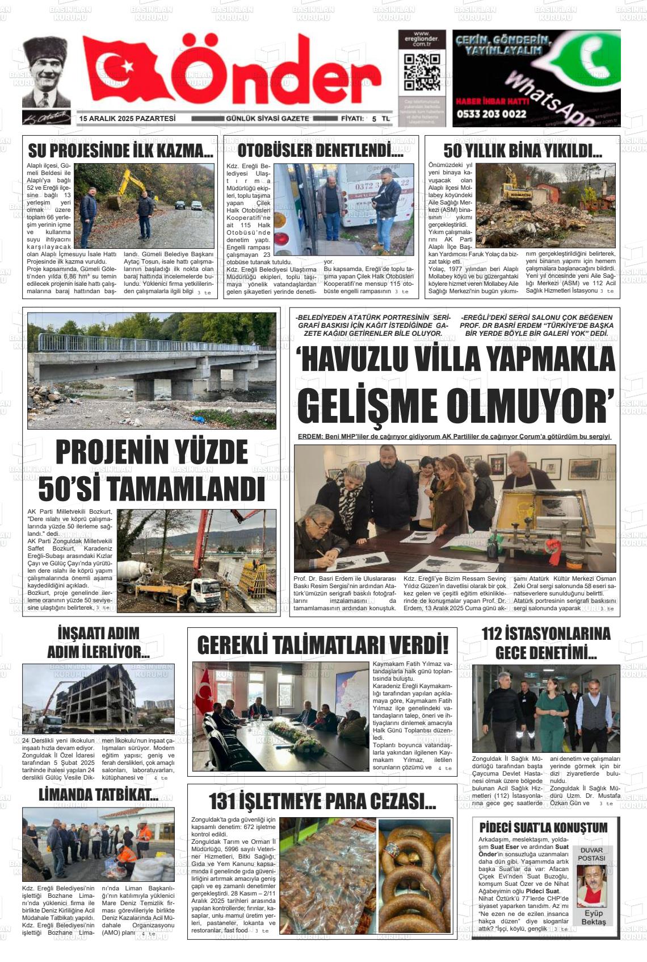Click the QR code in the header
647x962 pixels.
422,73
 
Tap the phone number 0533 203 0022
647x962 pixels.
491,114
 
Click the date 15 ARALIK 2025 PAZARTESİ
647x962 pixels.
128,119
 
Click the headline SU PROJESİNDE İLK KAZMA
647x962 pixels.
120,151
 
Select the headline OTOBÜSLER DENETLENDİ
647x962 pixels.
320,151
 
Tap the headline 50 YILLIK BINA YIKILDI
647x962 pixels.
523,151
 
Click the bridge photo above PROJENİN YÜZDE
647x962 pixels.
152,370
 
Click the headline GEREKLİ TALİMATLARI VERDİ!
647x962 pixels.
322,646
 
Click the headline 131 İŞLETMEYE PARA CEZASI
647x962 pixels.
322,802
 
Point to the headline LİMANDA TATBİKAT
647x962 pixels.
98,795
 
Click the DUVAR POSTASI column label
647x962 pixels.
592,854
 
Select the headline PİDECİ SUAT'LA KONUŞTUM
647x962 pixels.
543,827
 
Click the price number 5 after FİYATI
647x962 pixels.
374,119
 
